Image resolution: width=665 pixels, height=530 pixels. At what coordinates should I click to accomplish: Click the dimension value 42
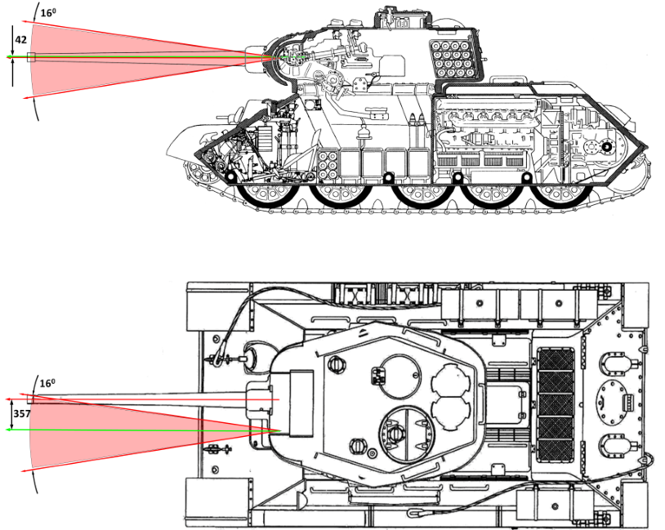click(x=21, y=38)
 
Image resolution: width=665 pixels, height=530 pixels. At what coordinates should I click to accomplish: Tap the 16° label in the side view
click(x=48, y=12)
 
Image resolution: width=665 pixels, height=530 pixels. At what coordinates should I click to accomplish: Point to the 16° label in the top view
click(x=48, y=382)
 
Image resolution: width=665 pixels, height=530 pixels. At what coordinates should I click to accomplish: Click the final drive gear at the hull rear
click(x=605, y=146)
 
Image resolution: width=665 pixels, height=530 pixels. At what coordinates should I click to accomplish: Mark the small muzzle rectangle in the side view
click(x=32, y=57)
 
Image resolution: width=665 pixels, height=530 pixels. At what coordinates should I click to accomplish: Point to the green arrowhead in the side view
click(x=10, y=57)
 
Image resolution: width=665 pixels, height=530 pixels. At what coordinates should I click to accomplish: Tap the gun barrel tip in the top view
click(x=29, y=399)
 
